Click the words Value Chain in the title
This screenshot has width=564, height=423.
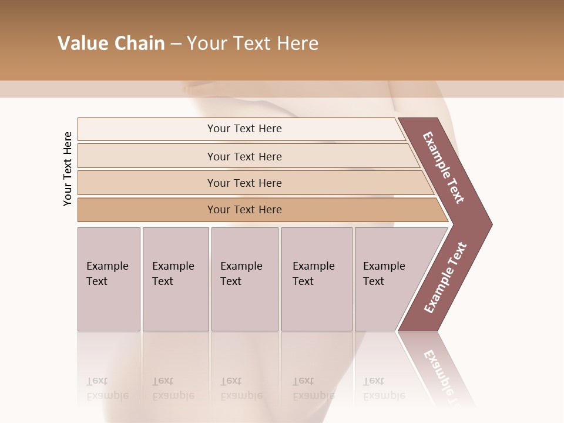111,43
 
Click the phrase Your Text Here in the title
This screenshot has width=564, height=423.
253,43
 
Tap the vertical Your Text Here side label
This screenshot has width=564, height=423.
68,169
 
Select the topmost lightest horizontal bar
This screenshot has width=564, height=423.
147,129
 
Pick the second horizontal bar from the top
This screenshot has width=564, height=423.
147,156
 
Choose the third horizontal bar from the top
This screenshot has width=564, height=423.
147,183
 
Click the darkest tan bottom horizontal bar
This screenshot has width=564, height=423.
147,210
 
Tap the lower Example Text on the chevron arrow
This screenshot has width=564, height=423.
445,277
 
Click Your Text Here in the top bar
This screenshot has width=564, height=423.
244,129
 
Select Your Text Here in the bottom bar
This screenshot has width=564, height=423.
244,210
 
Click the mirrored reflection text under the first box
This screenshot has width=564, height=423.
107,389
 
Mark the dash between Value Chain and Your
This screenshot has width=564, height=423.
176,44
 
